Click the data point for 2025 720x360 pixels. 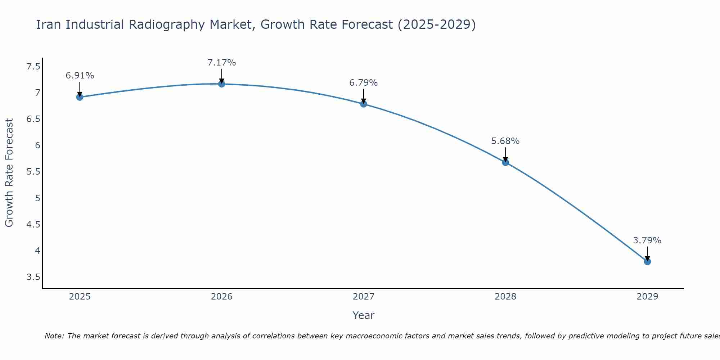click(x=80, y=97)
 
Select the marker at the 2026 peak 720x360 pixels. click(x=222, y=84)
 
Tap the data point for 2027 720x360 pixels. click(x=364, y=104)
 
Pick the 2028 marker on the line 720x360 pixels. click(x=505, y=162)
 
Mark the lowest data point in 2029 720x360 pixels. click(x=647, y=262)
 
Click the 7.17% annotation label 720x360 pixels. click(x=222, y=63)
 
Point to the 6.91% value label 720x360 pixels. click(x=80, y=76)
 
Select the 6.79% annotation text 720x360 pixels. click(x=364, y=83)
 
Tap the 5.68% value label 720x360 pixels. click(x=505, y=141)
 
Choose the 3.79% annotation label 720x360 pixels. click(x=647, y=240)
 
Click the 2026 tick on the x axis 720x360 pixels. click(x=222, y=297)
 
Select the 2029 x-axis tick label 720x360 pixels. click(x=647, y=297)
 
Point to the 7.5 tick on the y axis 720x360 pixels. click(x=33, y=67)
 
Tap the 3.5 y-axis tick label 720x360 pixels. click(x=33, y=277)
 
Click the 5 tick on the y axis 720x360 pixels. click(x=37, y=198)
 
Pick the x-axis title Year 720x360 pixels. click(x=364, y=315)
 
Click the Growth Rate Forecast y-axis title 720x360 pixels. click(x=9, y=173)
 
